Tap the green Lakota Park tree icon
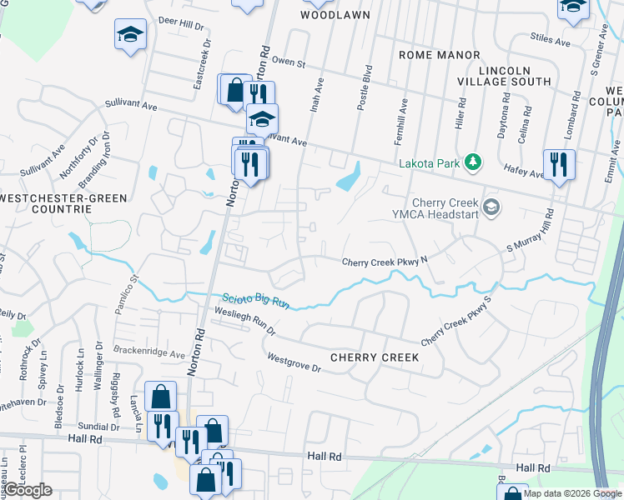474,161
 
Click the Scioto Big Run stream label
255,301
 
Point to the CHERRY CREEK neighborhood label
374,357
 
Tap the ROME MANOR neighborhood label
439,55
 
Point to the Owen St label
289,62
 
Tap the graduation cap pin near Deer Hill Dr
130,34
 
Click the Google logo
28,490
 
